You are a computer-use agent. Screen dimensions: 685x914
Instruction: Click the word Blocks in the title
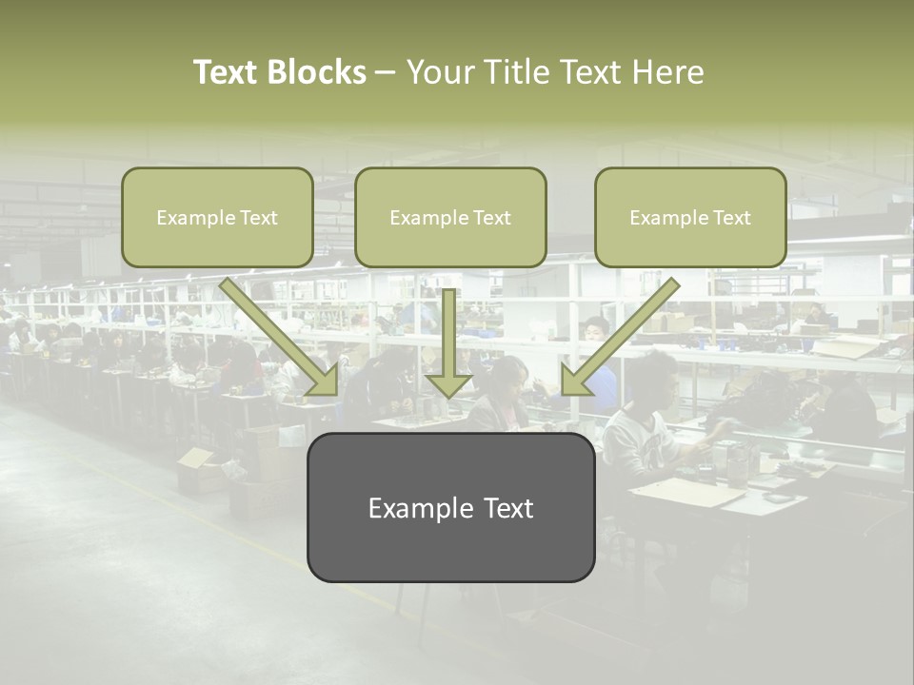point(317,72)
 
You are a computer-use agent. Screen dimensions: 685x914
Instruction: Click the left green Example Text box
point(217,218)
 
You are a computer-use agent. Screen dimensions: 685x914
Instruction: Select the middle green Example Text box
point(450,218)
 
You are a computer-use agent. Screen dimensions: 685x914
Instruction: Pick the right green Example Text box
point(690,218)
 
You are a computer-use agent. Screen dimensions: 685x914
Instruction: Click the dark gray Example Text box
point(450,507)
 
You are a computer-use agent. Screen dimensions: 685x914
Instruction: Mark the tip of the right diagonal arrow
point(566,392)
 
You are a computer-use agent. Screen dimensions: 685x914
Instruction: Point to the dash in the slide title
point(386,72)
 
